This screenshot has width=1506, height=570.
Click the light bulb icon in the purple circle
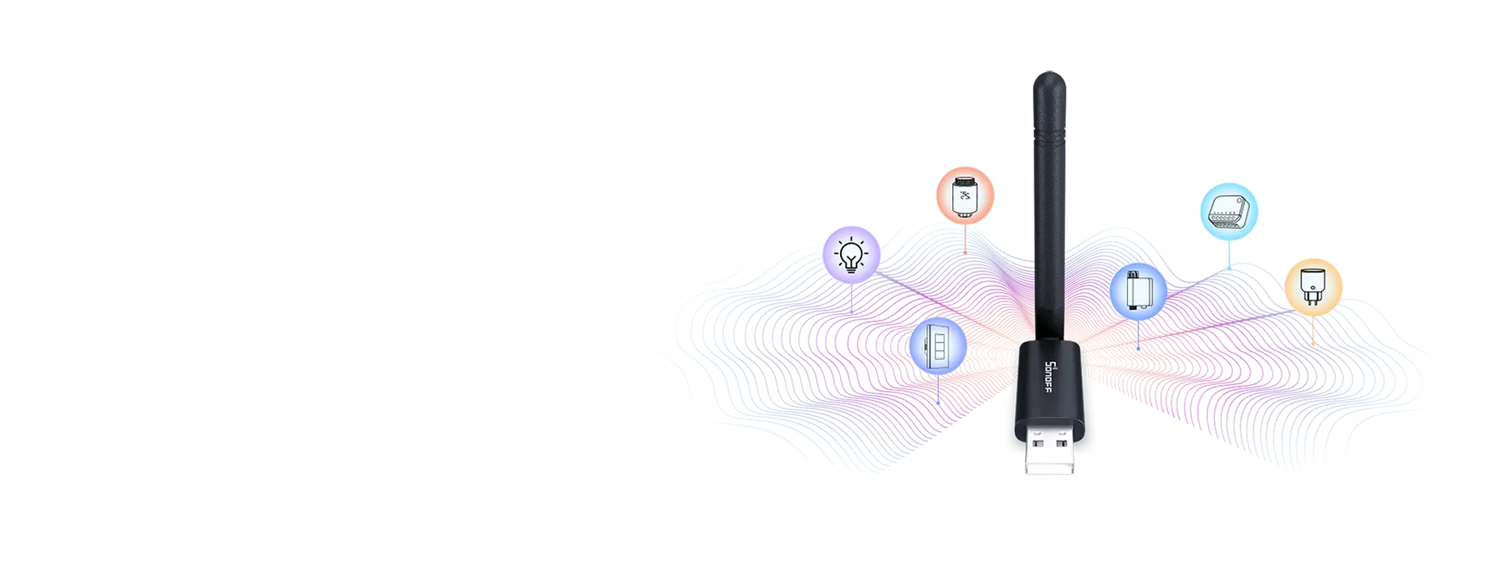(852, 253)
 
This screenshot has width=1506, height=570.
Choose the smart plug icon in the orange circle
(1314, 285)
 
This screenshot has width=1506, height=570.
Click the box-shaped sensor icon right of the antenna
(1138, 291)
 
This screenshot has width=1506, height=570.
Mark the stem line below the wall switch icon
(938, 389)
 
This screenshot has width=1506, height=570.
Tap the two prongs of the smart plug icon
(1314, 299)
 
